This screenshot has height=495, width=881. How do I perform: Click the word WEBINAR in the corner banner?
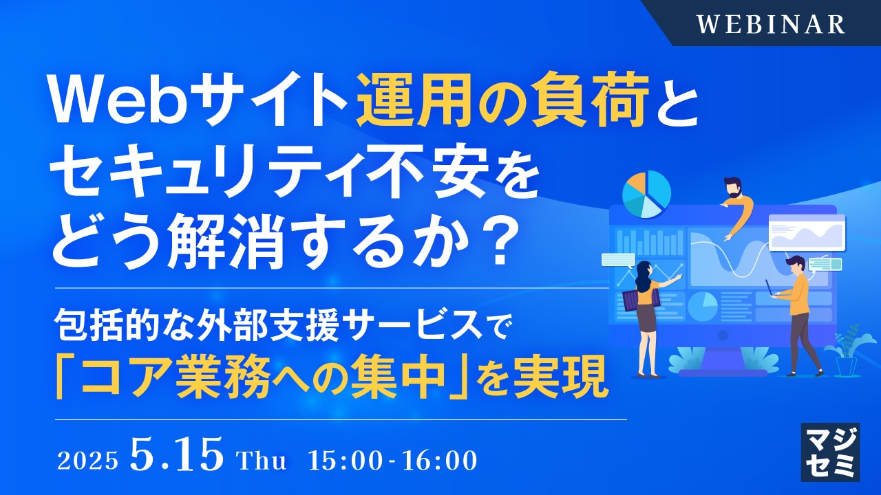pyautogui.click(x=771, y=24)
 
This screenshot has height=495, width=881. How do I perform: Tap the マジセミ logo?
pyautogui.click(x=830, y=452)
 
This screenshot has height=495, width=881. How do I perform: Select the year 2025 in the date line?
pyautogui.click(x=87, y=460)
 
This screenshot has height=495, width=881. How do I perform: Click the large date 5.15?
pyautogui.click(x=177, y=454)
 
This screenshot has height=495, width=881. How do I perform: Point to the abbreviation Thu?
pyautogui.click(x=262, y=460)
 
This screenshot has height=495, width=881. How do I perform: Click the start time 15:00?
pyautogui.click(x=345, y=460)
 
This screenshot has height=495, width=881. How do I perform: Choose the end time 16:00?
pyautogui.click(x=440, y=460)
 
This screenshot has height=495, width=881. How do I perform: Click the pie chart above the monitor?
pyautogui.click(x=646, y=195)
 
